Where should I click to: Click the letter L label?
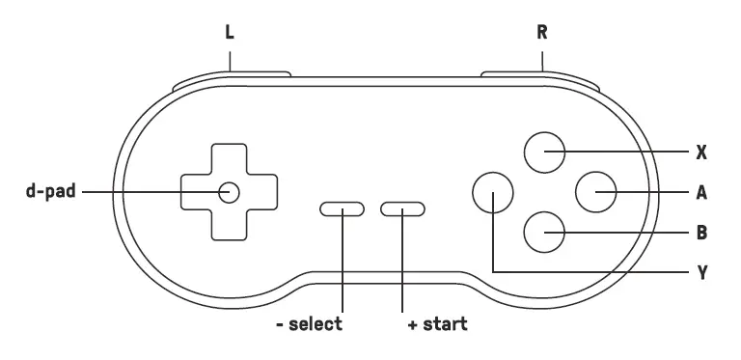point(230,31)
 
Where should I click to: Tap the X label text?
point(701,152)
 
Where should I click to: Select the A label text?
point(701,192)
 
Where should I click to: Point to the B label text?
point(701,233)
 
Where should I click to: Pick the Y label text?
point(701,273)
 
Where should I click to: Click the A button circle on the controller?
point(594,191)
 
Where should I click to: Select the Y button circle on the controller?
point(492,191)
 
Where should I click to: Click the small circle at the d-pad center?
point(229,191)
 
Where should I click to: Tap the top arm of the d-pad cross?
point(229,158)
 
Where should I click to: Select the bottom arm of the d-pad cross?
point(229,224)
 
